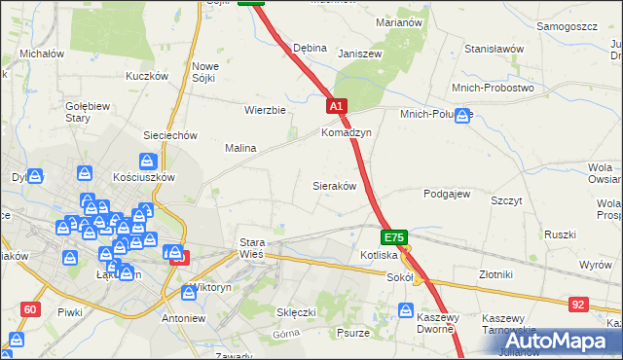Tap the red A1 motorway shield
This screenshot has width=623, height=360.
[336, 106]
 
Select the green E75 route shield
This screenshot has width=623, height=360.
[393, 237]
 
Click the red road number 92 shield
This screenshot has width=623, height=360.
[578, 305]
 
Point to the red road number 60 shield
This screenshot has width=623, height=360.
[30, 309]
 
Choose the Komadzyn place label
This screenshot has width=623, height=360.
[347, 132]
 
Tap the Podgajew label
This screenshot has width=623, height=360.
[447, 194]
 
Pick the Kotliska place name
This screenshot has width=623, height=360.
[378, 255]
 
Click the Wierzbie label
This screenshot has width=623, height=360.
[265, 110]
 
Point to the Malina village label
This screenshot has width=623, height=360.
[240, 148]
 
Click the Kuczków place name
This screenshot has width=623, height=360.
[148, 75]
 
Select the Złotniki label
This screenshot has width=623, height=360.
[500, 275]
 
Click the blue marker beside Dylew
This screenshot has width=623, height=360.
[35, 176]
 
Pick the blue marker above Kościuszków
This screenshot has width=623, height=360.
[147, 161]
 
